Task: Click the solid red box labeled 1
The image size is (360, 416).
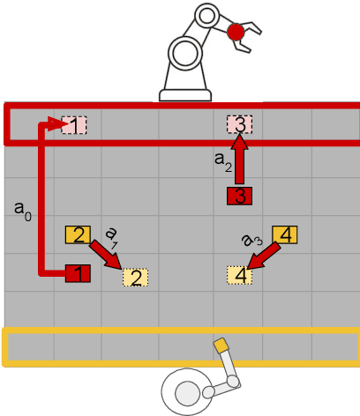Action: pos(78,274)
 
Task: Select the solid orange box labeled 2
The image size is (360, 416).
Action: pos(78,234)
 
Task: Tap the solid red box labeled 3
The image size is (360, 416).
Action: pos(240,196)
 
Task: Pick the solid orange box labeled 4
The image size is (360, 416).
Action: pos(286,234)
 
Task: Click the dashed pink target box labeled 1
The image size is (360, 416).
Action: pos(76,125)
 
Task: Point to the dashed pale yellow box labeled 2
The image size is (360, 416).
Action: pos(135,278)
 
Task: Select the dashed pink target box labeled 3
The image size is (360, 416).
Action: pos(240,125)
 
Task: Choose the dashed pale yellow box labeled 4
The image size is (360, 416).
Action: pos(240,275)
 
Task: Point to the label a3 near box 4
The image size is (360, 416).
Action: pos(252,238)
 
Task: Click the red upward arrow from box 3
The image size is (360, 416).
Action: pos(240,159)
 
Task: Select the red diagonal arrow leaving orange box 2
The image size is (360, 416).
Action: pos(107,256)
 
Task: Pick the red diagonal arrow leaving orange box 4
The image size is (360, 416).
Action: pos(265,256)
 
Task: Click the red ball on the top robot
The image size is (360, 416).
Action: pos(235,33)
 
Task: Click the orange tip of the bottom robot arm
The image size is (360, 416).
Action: pos(221,345)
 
